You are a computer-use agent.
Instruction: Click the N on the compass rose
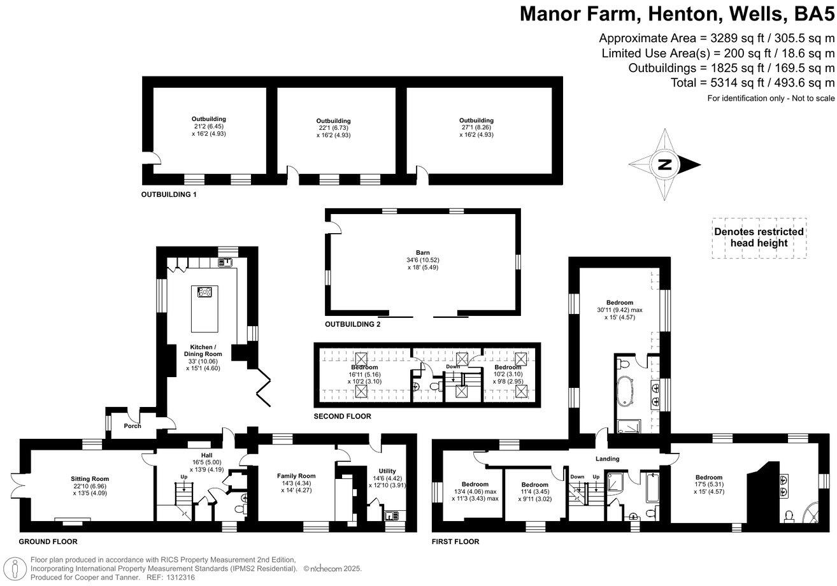tap(664, 164)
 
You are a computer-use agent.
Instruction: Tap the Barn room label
tap(422, 253)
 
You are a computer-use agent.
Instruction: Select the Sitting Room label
tap(90, 479)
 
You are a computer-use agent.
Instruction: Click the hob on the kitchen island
tap(204, 292)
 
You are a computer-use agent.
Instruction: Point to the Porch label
tap(132, 425)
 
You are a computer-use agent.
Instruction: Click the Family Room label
tap(296, 476)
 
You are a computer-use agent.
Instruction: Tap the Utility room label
tap(387, 471)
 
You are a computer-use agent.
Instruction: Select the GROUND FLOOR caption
tap(48, 541)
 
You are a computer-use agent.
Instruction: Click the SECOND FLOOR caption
tap(342, 416)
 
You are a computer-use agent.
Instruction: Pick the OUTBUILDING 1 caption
tap(169, 194)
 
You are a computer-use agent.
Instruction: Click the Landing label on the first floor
tap(607, 459)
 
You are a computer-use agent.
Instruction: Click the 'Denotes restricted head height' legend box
tap(759, 238)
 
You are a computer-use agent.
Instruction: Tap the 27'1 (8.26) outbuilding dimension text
tap(476, 127)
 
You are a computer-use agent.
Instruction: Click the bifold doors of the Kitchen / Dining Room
tap(263, 387)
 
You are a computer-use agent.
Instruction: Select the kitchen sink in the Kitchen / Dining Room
tap(225, 262)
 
